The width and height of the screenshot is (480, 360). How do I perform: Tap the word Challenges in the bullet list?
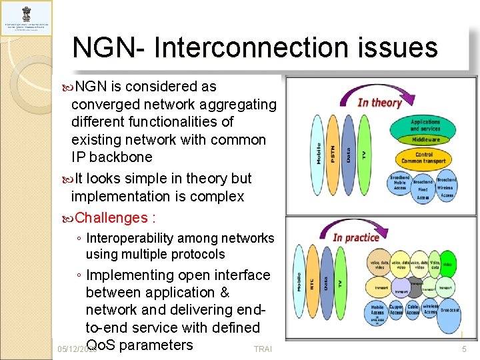click(111, 217)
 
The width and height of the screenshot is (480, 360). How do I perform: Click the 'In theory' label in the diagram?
click(379, 102)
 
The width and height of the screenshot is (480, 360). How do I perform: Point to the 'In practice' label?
click(356, 237)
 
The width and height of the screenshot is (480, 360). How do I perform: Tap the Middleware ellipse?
click(425, 140)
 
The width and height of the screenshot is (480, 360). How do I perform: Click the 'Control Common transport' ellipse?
click(426, 158)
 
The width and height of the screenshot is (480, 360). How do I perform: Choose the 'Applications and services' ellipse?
click(425, 125)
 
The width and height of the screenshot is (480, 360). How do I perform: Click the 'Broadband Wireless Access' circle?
click(446, 187)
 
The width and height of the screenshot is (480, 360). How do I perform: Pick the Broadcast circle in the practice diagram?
click(449, 311)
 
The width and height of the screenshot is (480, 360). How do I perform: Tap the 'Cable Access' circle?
click(413, 311)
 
